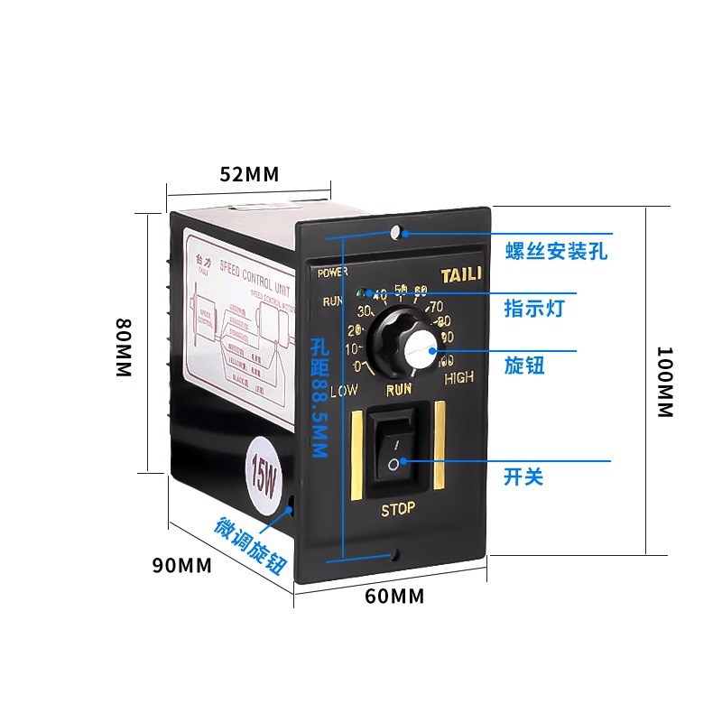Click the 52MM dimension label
(x=250, y=174)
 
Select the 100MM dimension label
(x=664, y=382)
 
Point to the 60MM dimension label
(x=394, y=596)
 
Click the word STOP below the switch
(x=397, y=509)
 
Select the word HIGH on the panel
(x=458, y=379)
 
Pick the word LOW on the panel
(x=344, y=391)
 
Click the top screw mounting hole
(x=396, y=234)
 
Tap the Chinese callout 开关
(x=523, y=475)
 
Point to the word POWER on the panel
(x=333, y=271)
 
